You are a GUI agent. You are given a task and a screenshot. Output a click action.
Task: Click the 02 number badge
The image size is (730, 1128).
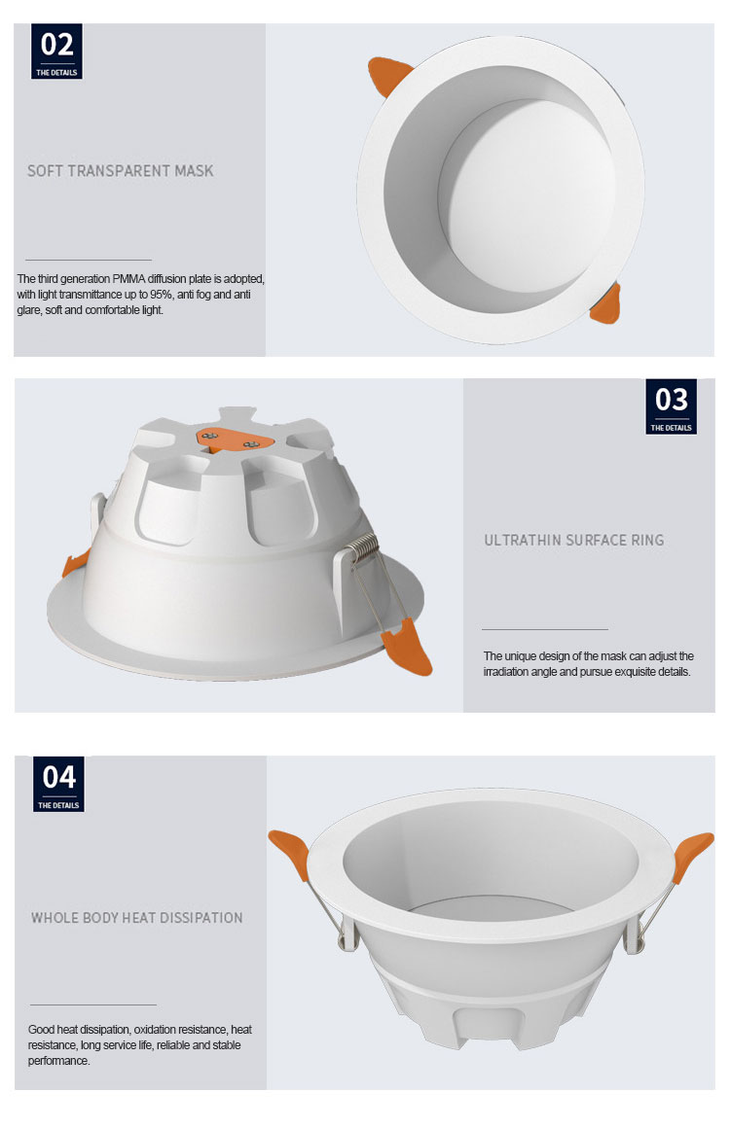click(x=56, y=52)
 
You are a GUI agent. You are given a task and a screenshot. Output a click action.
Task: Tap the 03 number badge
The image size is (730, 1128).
click(x=671, y=406)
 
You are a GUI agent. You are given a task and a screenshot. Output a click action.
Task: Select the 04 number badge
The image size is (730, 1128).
click(x=58, y=784)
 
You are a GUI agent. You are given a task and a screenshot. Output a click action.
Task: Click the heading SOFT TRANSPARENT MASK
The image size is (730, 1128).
click(x=121, y=171)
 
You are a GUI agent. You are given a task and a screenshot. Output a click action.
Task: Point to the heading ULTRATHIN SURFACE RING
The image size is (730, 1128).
click(x=573, y=541)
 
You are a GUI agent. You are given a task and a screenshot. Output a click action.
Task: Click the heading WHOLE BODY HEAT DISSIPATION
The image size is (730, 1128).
click(x=137, y=918)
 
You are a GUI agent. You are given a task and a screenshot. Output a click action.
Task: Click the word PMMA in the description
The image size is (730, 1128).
click(x=128, y=278)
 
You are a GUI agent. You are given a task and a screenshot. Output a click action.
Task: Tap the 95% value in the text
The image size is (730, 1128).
click(x=162, y=295)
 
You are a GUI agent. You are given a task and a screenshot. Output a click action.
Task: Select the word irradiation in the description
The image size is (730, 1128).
click(x=507, y=672)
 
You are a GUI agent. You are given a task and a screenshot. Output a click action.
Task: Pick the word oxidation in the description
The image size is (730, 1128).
click(x=157, y=1030)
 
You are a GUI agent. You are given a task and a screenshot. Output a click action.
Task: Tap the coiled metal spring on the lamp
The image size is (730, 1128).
click(x=361, y=547)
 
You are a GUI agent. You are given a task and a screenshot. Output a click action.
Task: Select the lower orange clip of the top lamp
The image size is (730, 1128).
click(x=606, y=305)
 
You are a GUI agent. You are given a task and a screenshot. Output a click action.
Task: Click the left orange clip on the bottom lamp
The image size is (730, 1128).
click(x=290, y=854)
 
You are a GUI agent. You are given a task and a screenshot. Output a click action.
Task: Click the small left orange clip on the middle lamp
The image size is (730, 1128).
click(x=75, y=563)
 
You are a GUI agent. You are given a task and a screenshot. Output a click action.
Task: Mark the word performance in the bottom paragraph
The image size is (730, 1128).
click(x=58, y=1061)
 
